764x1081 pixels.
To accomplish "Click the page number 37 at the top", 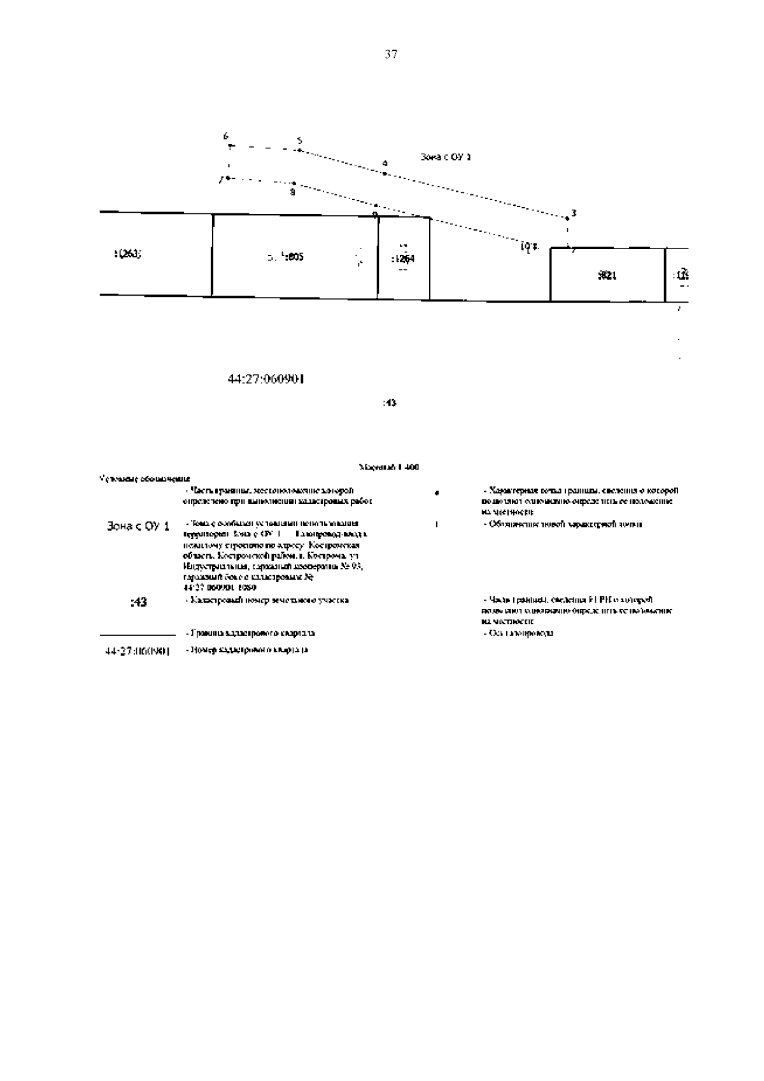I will tap(391, 55).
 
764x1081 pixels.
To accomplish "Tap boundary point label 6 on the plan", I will tap(225, 136).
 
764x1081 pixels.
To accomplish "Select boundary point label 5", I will tap(300, 141).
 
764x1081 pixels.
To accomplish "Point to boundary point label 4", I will tap(385, 164).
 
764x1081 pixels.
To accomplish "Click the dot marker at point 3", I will tap(568, 218).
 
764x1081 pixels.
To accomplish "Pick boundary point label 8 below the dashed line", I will tap(292, 191).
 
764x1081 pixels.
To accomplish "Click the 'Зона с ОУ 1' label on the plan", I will tap(446, 156).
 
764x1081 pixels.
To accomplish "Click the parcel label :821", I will tap(607, 275).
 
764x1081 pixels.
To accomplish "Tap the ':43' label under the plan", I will tap(389, 403).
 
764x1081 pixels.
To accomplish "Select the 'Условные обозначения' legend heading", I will tap(145, 478).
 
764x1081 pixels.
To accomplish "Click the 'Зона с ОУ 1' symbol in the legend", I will tap(138, 526).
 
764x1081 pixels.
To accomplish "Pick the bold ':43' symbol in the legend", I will tap(138, 601).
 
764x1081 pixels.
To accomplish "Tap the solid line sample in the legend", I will tap(138, 634).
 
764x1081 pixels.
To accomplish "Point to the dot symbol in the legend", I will tap(436, 492).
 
